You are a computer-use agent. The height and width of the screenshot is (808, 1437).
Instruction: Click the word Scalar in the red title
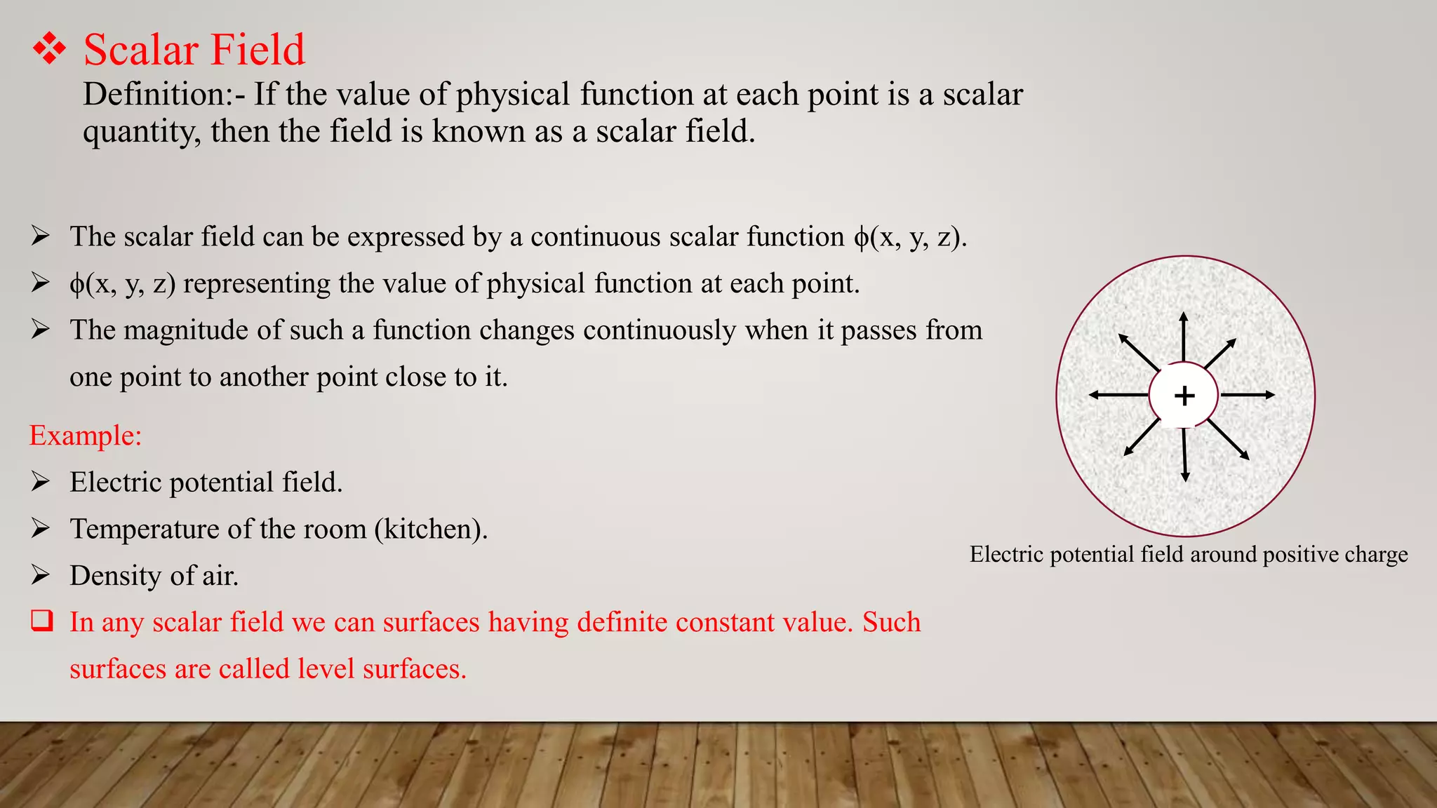(140, 50)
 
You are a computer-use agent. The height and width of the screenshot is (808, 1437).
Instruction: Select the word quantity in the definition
(141, 132)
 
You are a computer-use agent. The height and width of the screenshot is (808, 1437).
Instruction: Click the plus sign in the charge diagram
(1184, 396)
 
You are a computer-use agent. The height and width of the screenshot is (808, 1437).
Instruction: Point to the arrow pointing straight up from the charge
(1184, 337)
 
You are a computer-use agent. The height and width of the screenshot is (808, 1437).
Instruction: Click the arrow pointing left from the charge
(1118, 395)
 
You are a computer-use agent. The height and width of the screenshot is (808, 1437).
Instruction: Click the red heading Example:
(86, 436)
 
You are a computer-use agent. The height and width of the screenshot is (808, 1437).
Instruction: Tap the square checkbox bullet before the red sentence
(41, 621)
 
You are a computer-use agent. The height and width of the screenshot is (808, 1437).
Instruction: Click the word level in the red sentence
(326, 668)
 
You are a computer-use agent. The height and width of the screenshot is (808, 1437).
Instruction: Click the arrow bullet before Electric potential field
(40, 482)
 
